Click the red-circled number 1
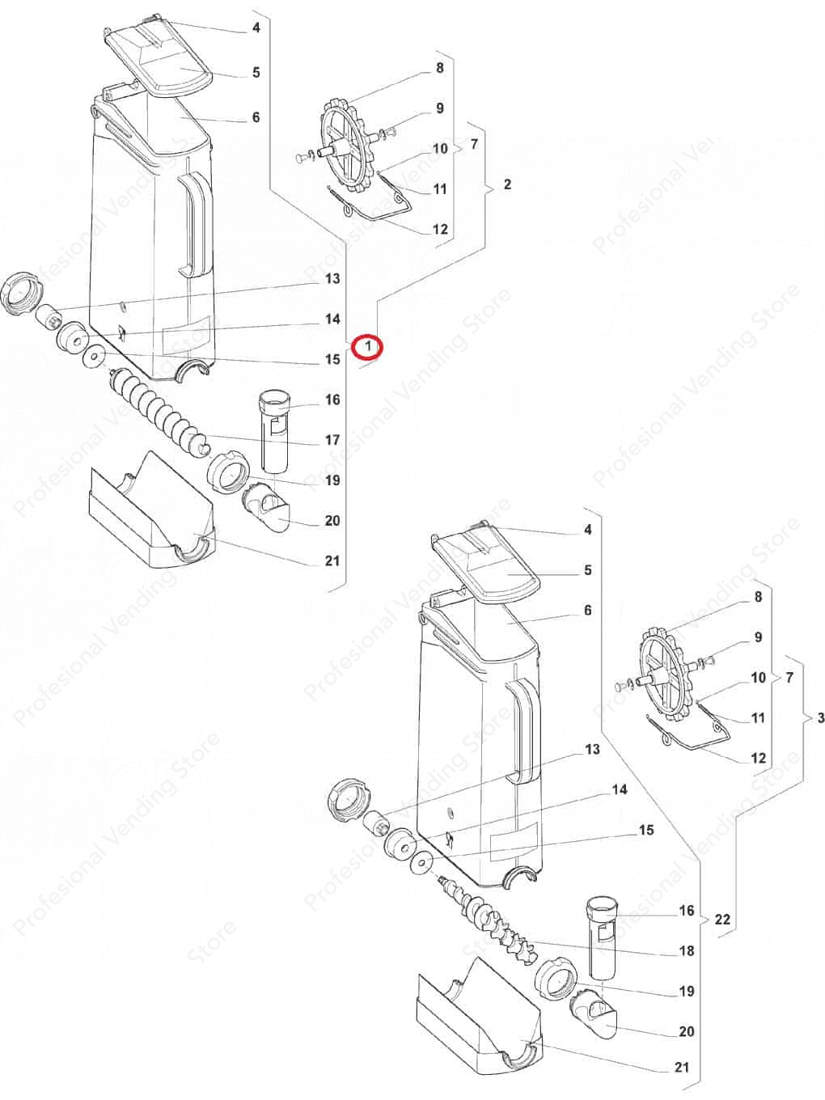point(368,346)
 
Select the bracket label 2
point(507,184)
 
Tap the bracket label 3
point(820,718)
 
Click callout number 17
point(332,440)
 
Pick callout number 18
point(687,950)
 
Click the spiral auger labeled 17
point(158,412)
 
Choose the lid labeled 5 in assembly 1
point(160,62)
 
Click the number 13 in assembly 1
point(332,278)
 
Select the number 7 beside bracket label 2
point(474,144)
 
